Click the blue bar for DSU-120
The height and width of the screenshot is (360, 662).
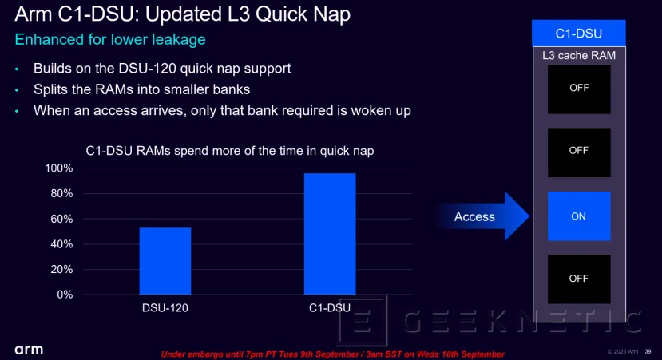(x=165, y=261)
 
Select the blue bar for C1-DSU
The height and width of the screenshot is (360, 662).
(x=330, y=234)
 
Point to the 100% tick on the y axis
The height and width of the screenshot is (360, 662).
(x=59, y=168)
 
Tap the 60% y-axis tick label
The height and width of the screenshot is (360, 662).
(x=61, y=219)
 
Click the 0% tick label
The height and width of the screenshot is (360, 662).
(x=65, y=295)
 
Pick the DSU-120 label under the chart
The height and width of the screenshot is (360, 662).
(x=165, y=308)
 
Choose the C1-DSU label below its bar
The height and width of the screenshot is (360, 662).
(x=330, y=308)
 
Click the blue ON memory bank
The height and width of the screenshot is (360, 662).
(x=579, y=216)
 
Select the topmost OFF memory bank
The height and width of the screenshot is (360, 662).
(x=579, y=89)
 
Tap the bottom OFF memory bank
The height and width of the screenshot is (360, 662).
(x=579, y=279)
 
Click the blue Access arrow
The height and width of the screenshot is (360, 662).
(x=483, y=216)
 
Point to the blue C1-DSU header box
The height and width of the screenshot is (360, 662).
(x=579, y=33)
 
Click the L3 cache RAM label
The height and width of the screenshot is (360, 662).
(x=579, y=56)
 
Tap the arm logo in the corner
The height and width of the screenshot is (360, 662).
(x=29, y=350)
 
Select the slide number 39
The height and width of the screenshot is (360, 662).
(x=648, y=351)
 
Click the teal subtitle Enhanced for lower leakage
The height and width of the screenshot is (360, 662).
(x=110, y=39)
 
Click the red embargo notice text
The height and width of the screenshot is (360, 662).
(x=333, y=354)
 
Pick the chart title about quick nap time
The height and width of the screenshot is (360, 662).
(x=230, y=151)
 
